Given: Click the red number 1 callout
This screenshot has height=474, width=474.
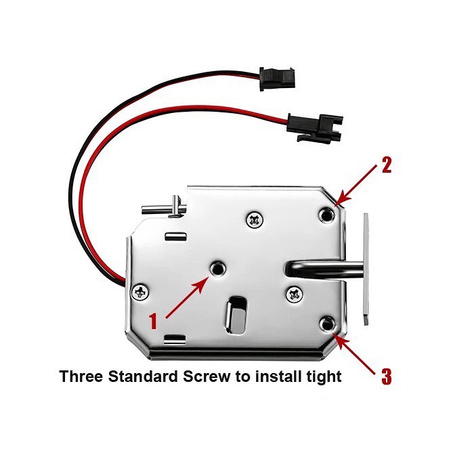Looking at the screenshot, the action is (154, 321).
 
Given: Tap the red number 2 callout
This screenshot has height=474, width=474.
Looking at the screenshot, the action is (387, 165).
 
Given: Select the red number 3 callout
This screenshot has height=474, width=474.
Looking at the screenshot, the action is (387, 376).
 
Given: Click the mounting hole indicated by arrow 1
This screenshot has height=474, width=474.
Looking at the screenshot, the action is (217, 268).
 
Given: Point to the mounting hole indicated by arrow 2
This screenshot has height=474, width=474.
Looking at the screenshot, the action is (327, 215).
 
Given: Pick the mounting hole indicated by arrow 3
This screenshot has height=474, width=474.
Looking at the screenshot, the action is (327, 324).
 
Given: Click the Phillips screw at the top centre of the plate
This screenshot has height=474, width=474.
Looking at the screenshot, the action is (255, 220).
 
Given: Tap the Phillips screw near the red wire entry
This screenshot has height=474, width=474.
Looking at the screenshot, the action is (140, 292).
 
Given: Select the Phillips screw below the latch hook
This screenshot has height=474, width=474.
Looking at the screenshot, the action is (294, 294).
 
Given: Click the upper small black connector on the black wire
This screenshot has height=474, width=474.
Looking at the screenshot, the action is (276, 79).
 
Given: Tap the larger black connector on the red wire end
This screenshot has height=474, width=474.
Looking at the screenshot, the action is (314, 127).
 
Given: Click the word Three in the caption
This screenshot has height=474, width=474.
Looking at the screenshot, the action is (81, 376).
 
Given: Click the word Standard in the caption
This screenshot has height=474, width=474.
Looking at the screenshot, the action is (143, 376).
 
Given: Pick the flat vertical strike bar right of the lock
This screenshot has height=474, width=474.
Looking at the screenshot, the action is (366, 269).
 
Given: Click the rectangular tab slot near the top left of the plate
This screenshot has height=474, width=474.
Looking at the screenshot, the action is (175, 237).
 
